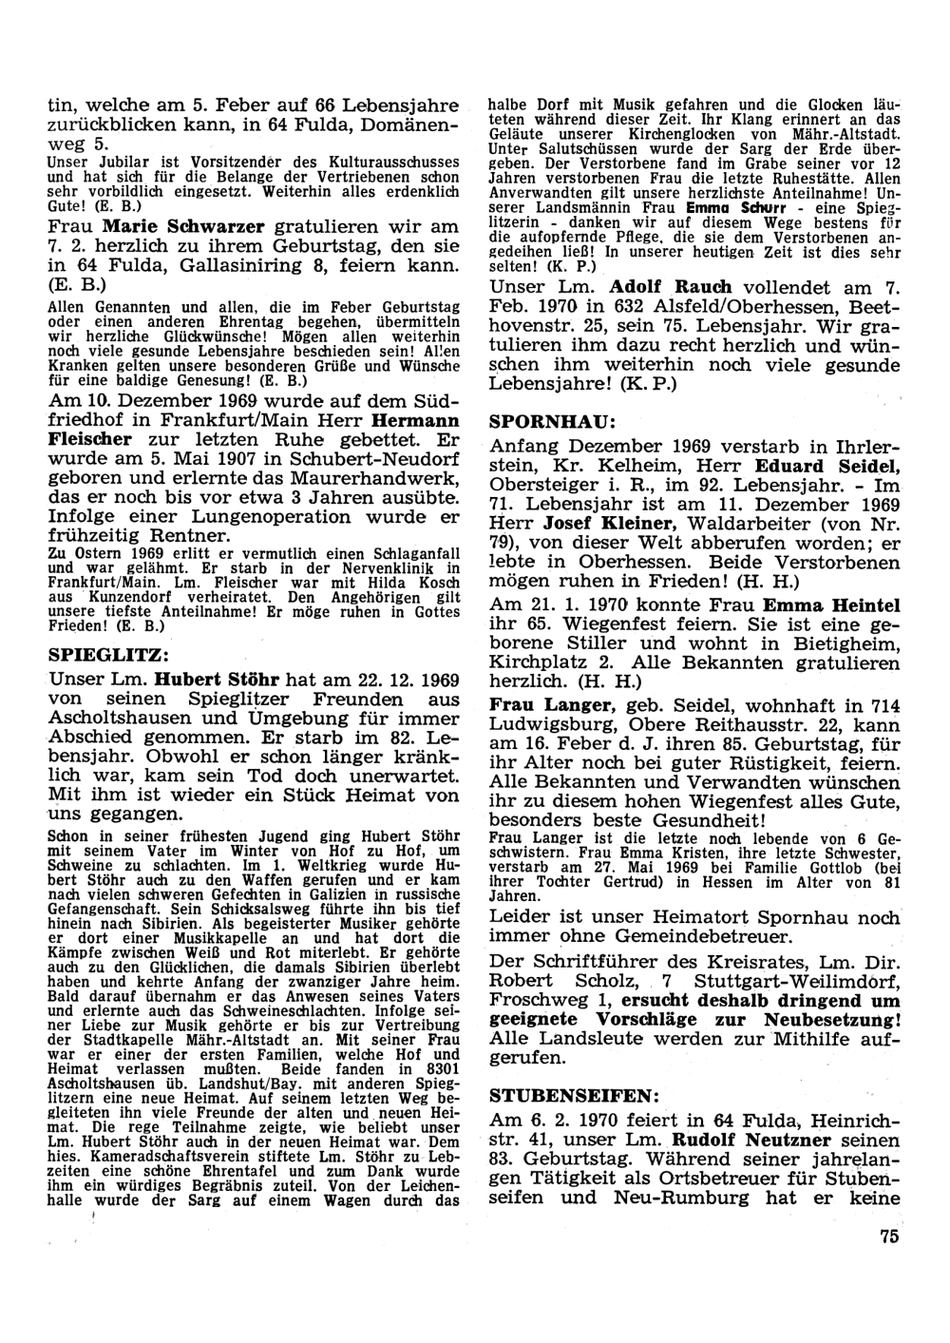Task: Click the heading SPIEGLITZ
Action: coord(109,655)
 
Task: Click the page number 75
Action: coord(888,1236)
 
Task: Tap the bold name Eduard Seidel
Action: coord(826,466)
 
